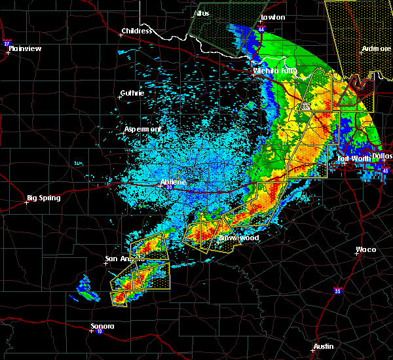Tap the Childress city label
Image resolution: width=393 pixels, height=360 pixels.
tap(137, 31)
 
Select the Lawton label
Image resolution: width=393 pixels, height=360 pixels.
tap(272, 17)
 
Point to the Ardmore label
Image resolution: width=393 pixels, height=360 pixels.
tap(377, 49)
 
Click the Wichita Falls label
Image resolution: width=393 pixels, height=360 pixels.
tap(274, 70)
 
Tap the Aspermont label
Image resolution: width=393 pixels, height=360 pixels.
tap(143, 130)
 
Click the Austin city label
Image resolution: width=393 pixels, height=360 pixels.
tap(323, 346)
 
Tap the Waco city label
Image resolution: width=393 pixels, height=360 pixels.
tap(365, 249)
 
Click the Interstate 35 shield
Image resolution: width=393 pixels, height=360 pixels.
tap(337, 291)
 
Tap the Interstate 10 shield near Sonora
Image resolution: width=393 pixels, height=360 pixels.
tap(90, 331)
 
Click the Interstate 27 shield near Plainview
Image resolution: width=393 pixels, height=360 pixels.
tap(7, 43)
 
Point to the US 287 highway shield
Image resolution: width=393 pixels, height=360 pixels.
tap(305, 106)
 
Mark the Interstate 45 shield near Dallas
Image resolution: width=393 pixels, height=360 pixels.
tap(385, 171)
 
